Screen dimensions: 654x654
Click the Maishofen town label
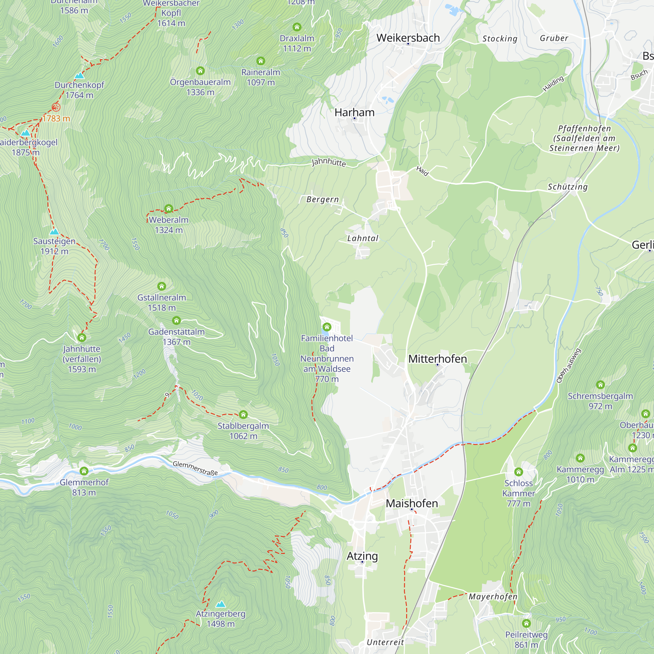[x=412, y=503]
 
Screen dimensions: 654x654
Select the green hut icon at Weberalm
[x=169, y=209]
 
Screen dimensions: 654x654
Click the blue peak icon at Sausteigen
[x=54, y=232]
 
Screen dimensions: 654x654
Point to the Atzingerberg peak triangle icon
[x=221, y=604]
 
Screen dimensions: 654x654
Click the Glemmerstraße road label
[x=195, y=468]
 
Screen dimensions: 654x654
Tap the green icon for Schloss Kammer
[x=518, y=472]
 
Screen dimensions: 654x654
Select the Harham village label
[x=354, y=112]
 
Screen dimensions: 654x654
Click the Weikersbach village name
[x=408, y=38]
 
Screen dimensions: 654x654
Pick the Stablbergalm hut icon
[x=243, y=414]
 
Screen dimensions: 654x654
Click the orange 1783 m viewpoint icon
[x=56, y=108]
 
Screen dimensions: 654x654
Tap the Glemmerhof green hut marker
[x=84, y=471]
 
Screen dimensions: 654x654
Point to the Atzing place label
[x=362, y=556]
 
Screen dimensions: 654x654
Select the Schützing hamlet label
[x=567, y=187]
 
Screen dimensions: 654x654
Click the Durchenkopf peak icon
[x=79, y=75]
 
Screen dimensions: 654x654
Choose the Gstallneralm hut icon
[x=162, y=286]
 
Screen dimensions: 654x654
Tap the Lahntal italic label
[x=363, y=238]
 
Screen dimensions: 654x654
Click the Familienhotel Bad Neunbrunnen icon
[x=327, y=327]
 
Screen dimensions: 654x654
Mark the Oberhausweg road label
[x=569, y=366]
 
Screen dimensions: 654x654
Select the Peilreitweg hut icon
[x=526, y=623]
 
